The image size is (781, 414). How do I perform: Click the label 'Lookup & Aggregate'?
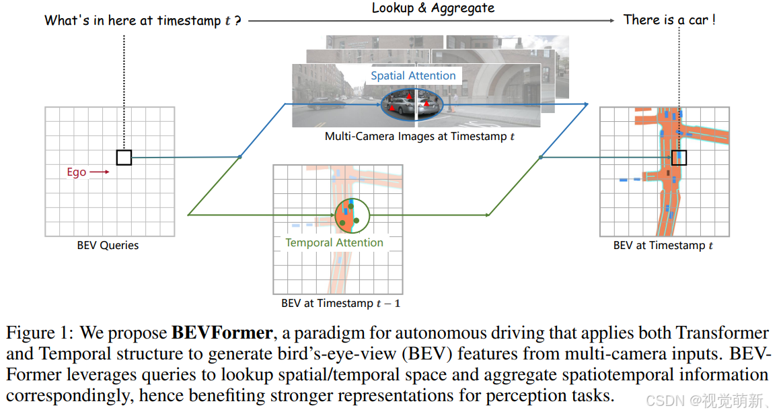[433, 8]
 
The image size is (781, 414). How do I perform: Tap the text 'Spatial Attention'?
[413, 75]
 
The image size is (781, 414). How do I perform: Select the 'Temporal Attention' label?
[334, 242]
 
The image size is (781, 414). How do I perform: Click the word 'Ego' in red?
[76, 172]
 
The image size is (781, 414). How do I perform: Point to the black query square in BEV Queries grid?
[124, 158]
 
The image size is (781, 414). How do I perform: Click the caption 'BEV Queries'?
[108, 246]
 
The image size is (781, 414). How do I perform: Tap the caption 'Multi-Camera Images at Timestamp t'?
[420, 136]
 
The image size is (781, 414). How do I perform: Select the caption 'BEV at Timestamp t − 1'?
[340, 303]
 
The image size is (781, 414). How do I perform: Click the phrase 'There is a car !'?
[669, 20]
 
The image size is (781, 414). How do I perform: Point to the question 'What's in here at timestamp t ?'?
[143, 20]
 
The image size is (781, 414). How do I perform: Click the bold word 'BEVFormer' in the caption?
[222, 333]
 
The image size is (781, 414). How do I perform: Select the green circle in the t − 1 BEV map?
[352, 215]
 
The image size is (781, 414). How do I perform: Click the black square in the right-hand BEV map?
[679, 158]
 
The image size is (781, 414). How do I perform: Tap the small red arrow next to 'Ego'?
[100, 172]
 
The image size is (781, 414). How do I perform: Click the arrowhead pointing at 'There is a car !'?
[611, 21]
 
